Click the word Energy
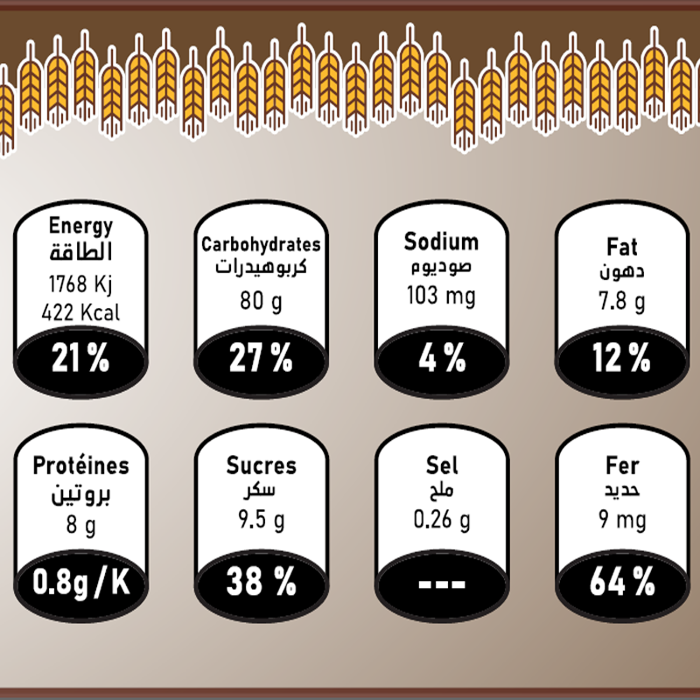(x=80, y=226)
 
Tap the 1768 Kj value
(x=80, y=285)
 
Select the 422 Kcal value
(x=80, y=311)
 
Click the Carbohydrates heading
(x=261, y=244)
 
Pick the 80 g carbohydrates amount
(x=261, y=301)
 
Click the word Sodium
(x=441, y=241)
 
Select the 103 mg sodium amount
(x=441, y=296)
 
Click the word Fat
(x=622, y=247)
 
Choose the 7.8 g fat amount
(x=622, y=302)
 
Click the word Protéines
(x=80, y=466)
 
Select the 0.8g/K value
(x=80, y=582)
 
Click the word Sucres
(x=261, y=466)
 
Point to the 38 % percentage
(x=261, y=582)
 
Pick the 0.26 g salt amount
(x=441, y=521)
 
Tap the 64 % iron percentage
(x=622, y=582)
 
